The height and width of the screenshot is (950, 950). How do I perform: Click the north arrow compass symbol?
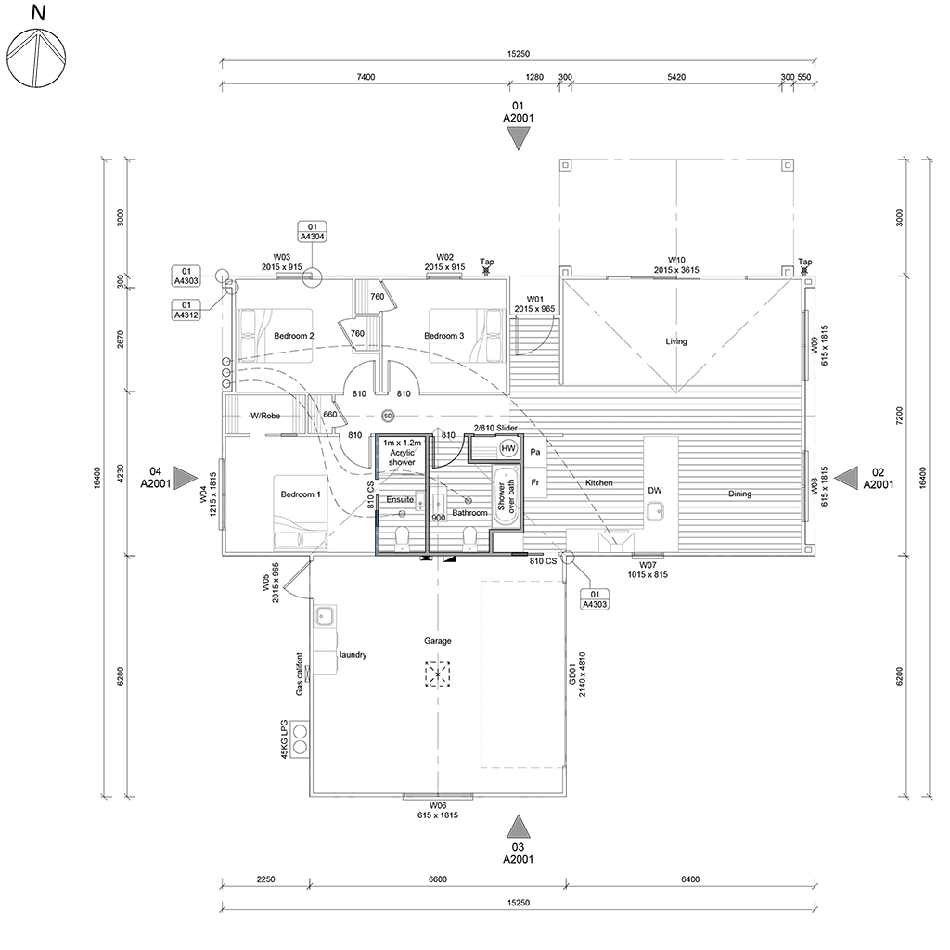coord(36,58)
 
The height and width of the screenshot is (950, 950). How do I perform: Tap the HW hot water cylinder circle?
coord(507,449)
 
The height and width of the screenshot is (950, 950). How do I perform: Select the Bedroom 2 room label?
coord(294,336)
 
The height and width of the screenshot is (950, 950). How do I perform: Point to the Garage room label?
coord(438,640)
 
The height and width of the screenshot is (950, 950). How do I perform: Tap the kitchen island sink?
coord(655,512)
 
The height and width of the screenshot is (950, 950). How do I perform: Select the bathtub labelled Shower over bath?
coord(507,497)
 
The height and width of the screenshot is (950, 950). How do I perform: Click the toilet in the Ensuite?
coord(402,538)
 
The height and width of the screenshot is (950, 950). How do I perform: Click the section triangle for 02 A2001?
coord(847,478)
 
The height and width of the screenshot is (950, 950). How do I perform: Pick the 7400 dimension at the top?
coord(366,77)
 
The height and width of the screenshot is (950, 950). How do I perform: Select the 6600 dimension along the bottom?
coord(438,879)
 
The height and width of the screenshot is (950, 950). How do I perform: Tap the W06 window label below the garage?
coord(438,810)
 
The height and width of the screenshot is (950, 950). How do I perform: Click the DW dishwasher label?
coord(655,490)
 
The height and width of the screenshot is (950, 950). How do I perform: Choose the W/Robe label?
coord(265,416)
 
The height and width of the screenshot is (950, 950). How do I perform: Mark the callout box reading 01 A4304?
coord(312,231)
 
